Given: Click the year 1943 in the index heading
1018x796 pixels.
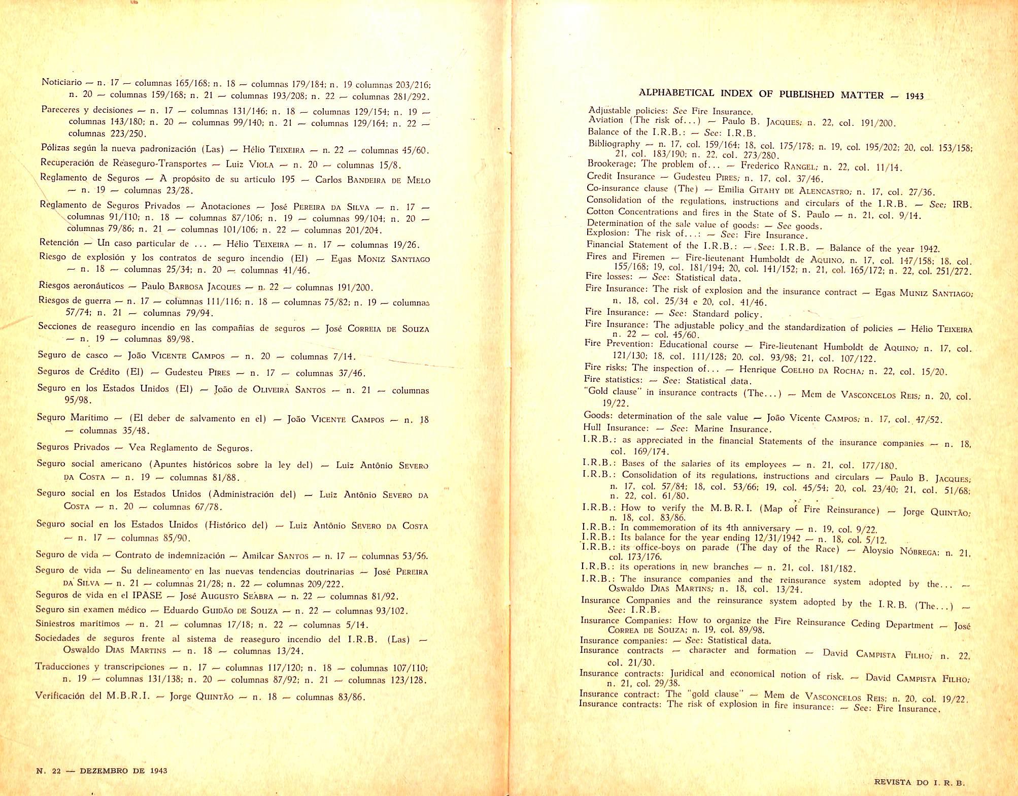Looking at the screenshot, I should point(915,95).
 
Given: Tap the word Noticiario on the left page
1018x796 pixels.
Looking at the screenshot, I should point(61,82).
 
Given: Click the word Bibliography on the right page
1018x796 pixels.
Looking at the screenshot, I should point(614,144).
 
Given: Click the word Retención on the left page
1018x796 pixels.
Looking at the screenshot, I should point(59,243).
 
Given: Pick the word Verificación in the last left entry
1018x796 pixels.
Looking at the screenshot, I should point(60,696).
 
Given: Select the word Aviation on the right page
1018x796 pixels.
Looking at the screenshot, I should point(605,120).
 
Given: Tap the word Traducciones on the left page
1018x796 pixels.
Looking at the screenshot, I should point(64,667).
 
